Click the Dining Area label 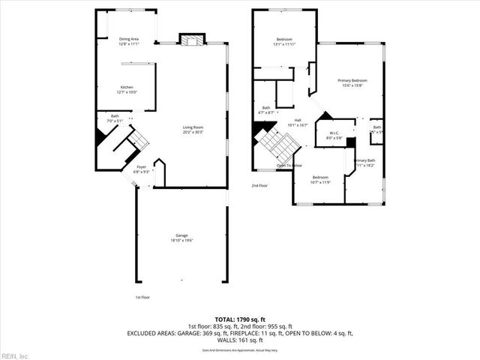129,39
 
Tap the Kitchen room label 127,88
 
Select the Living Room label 193,127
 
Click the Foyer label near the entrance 141,167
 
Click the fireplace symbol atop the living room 191,40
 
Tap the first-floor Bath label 115,116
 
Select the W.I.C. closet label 334,133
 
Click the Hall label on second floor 298,121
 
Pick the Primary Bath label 364,160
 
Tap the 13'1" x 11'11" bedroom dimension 284,43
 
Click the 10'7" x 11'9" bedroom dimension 320,181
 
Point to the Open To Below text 289,165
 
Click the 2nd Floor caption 259,185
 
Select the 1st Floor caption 142,298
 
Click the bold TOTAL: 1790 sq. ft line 240,319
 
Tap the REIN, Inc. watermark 15,355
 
